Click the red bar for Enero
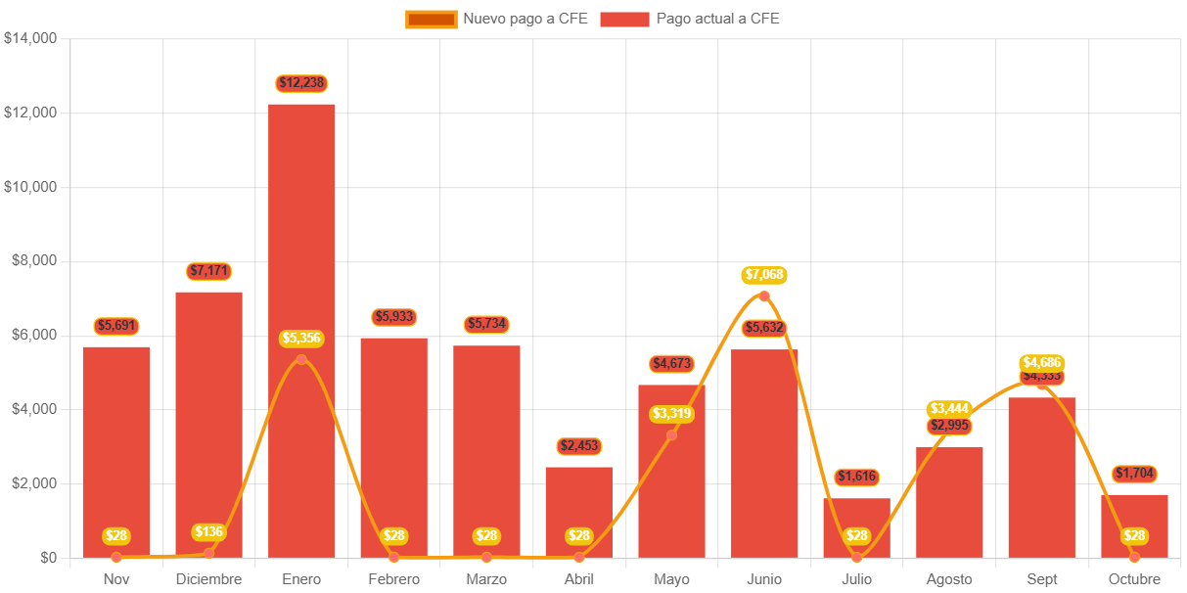point(301,245)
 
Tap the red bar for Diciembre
point(208,411)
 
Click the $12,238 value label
point(301,83)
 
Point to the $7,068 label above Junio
point(764,275)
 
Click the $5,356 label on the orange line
point(301,339)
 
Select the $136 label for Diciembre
point(208,532)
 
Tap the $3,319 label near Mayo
point(671,414)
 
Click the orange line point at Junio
point(764,296)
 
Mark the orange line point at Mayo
point(671,434)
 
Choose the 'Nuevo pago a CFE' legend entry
point(497,19)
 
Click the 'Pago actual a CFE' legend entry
point(690,19)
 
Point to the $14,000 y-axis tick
point(31,38)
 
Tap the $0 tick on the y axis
point(48,558)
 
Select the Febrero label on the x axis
point(393,579)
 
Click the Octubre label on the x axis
point(1134,579)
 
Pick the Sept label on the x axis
point(1042,579)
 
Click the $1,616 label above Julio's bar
point(856,477)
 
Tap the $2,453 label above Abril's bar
point(578,446)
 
